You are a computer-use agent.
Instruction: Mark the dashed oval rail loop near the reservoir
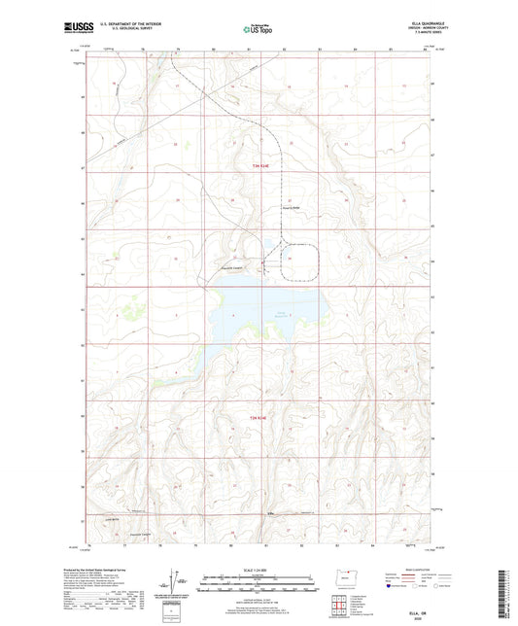click(302, 258)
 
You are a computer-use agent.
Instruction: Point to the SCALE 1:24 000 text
click(258, 569)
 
